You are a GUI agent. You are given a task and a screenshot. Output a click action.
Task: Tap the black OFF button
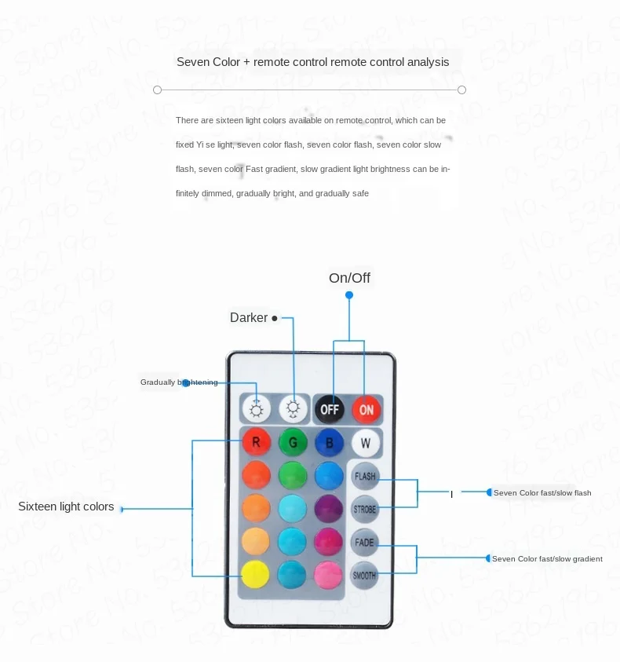click(330, 409)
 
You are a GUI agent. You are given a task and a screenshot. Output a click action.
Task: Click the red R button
click(256, 442)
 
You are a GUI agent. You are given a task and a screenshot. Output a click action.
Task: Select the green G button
click(293, 442)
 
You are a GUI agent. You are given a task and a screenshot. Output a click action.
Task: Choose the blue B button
click(330, 442)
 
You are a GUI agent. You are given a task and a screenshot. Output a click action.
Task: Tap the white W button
click(366, 442)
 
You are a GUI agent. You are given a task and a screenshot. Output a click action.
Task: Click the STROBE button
click(365, 509)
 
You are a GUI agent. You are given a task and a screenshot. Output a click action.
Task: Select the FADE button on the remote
click(365, 542)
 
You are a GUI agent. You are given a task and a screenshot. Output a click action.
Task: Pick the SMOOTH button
click(365, 575)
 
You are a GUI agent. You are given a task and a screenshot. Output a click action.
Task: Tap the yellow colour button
click(256, 573)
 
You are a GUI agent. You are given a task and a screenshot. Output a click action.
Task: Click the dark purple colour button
click(330, 508)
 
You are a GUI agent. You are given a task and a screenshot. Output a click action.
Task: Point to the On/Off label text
click(349, 278)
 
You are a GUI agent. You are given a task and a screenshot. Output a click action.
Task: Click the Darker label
click(249, 318)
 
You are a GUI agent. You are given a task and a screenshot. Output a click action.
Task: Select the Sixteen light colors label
click(66, 507)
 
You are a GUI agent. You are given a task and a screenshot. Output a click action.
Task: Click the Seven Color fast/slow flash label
click(542, 492)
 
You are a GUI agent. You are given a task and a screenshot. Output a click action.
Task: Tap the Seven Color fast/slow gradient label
click(547, 559)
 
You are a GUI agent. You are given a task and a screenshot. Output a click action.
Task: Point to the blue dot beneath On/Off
click(349, 295)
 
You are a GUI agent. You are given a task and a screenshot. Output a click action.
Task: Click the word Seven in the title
click(193, 61)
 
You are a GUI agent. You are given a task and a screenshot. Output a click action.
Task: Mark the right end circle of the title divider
click(461, 90)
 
